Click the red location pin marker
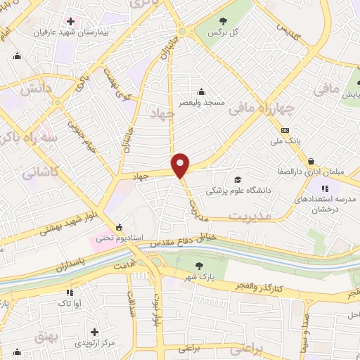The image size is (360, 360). coord(181,165)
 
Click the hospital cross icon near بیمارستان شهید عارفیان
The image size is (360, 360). coord(70,21)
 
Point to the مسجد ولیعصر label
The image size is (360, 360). coord(202,103)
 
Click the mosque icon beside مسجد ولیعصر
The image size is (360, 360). coord(202,91)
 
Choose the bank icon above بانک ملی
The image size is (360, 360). coord(285,130)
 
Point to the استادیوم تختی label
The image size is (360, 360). coord(119,238)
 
